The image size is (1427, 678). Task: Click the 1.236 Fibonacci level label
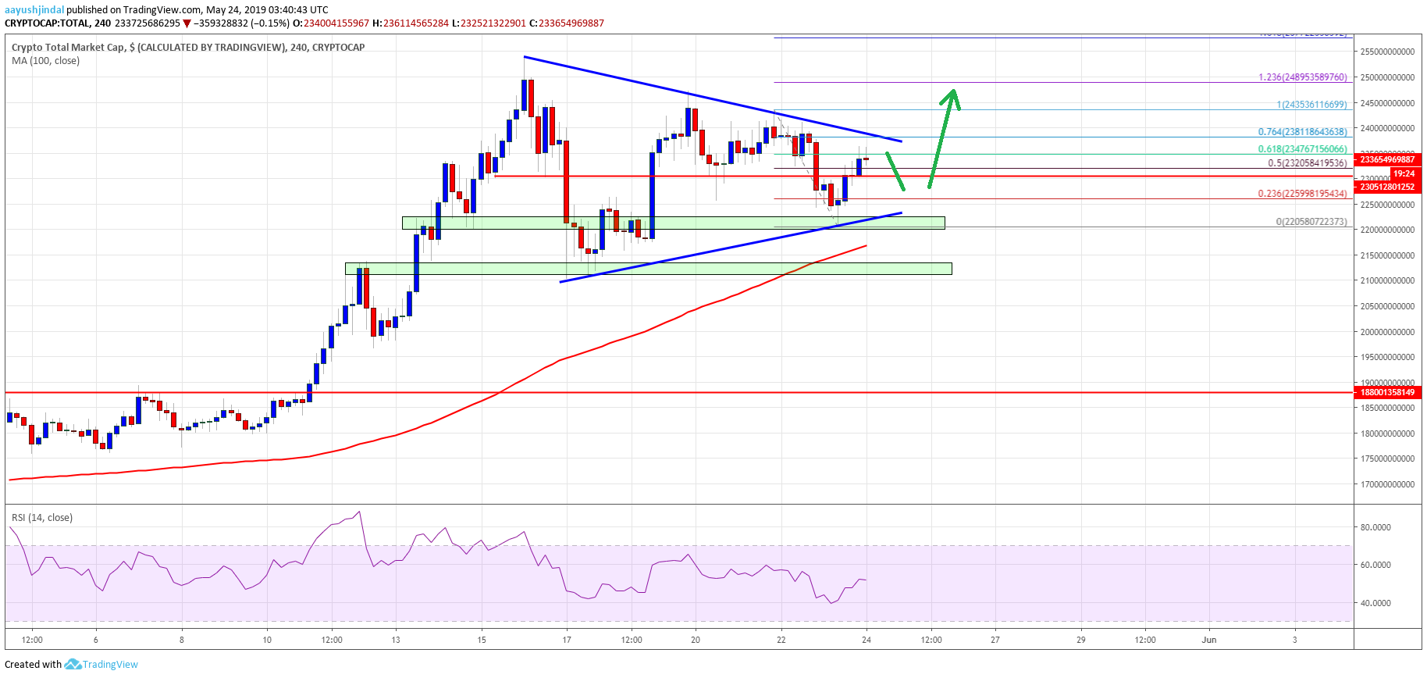(x=1302, y=77)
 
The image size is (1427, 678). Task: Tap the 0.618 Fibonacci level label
(x=1302, y=149)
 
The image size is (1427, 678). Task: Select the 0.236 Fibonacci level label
(x=1302, y=194)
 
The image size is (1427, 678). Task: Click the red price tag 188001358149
(x=1387, y=392)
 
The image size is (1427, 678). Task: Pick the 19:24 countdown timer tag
(x=1403, y=173)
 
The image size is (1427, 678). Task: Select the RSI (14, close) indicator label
(x=42, y=518)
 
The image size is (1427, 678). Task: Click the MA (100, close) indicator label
(x=45, y=61)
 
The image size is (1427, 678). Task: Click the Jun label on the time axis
(x=1208, y=640)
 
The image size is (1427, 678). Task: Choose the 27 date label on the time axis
(x=995, y=640)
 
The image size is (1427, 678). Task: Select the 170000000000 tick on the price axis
(x=1387, y=484)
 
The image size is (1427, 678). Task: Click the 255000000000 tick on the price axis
(x=1387, y=52)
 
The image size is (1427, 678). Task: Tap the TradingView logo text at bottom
(x=109, y=665)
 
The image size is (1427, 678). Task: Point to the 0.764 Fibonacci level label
(x=1302, y=133)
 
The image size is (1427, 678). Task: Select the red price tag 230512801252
(x=1387, y=187)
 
